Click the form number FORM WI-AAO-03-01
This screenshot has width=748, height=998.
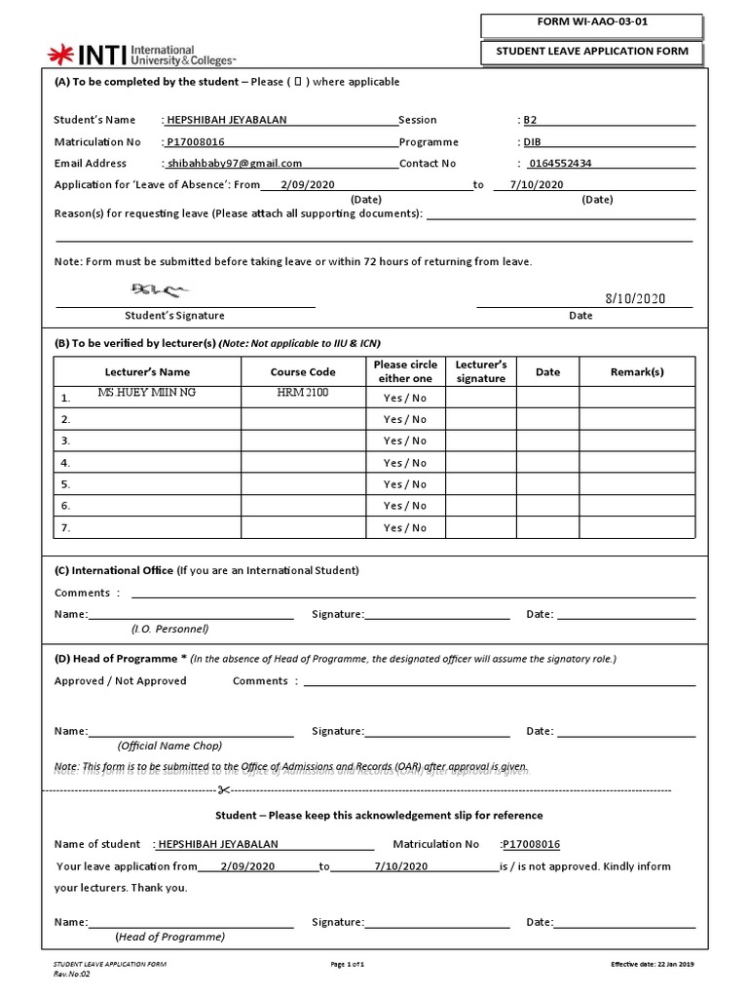590,23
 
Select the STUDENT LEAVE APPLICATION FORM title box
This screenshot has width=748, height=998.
590,52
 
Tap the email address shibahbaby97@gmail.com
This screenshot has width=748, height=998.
234,164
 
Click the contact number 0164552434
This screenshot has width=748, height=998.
559,164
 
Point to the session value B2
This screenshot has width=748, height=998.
530,121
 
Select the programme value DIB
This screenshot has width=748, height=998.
532,142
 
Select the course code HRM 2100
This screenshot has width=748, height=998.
303,393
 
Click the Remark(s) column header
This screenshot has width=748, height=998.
637,371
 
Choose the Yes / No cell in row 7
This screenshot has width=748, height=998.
405,528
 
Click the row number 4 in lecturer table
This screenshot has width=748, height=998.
65,464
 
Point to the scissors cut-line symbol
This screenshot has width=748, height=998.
223,789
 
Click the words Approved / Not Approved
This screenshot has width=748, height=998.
120,681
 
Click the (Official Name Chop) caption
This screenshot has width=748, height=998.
169,746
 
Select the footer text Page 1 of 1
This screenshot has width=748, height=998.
348,964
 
